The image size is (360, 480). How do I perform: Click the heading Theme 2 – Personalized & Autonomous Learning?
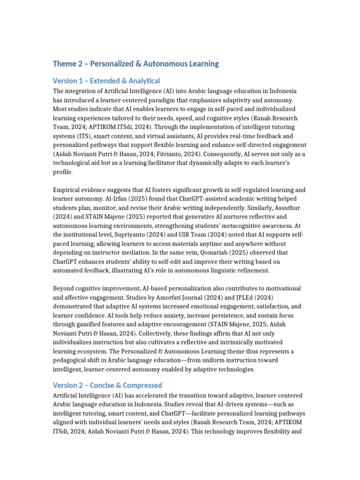(x=135, y=64)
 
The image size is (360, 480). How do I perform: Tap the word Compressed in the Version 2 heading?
(x=143, y=385)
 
